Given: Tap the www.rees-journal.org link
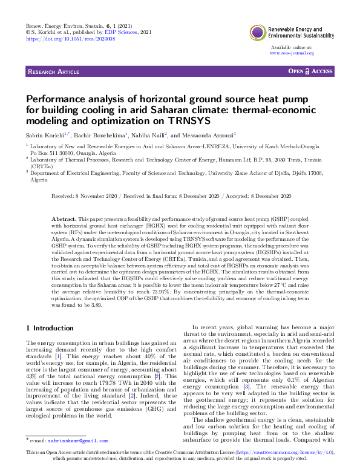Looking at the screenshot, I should pyautogui.click(x=292, y=53).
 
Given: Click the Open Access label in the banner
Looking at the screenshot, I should pyautogui.click(x=311, y=71).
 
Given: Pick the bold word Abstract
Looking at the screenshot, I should pyautogui.click(x=63, y=216).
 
